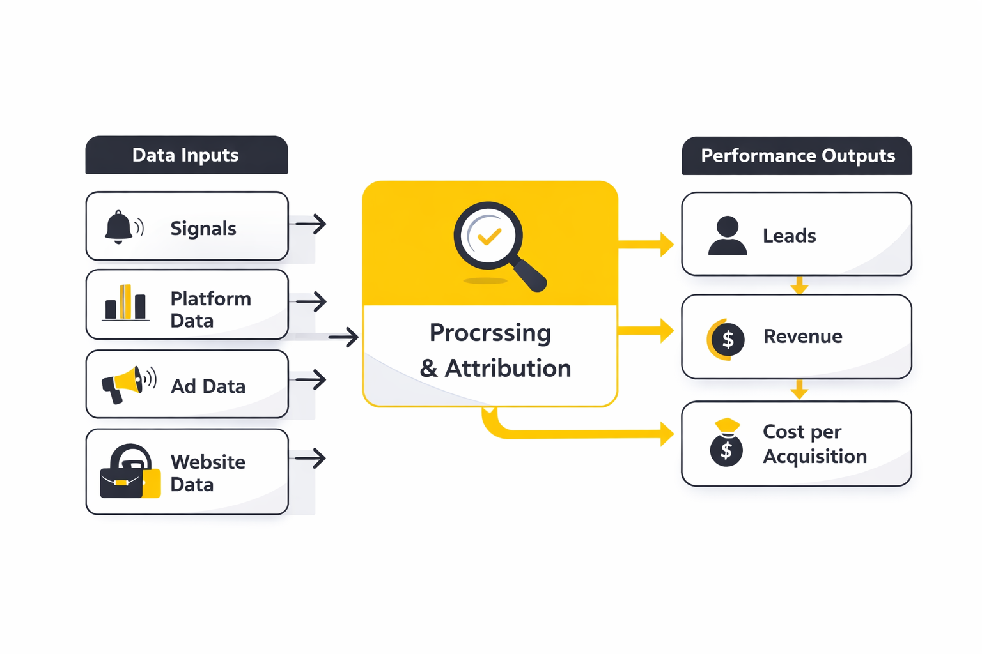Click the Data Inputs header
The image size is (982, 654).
point(186,155)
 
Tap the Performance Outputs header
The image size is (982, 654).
point(797,156)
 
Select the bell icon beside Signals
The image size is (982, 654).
point(120,227)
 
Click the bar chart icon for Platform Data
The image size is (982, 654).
point(125,303)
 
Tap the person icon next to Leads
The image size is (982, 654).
point(727,236)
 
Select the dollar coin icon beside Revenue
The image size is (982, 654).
point(726,338)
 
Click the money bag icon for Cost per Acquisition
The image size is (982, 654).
point(726,443)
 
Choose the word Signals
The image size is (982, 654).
point(203,229)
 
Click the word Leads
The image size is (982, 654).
point(789,236)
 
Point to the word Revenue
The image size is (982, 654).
point(802,337)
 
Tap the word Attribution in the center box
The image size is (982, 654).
point(508,369)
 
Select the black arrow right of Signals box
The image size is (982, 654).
point(311,224)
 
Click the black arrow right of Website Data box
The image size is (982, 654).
point(311,458)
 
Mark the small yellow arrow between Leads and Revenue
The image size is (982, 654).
point(799,285)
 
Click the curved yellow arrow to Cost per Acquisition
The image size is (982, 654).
point(575,434)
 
